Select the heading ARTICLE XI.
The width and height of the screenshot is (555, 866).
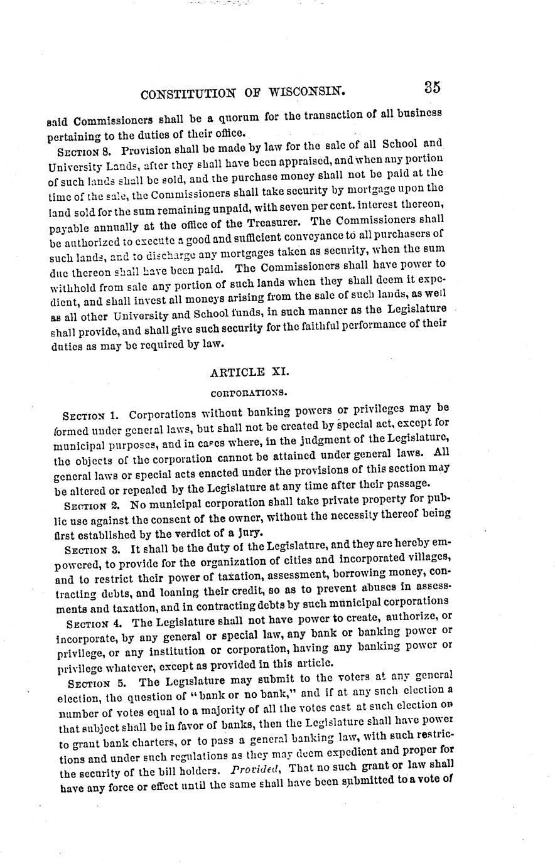pyautogui.click(x=249, y=372)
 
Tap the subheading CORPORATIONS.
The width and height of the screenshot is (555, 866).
pyautogui.click(x=249, y=393)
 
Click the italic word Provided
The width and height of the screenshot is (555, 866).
pyautogui.click(x=251, y=769)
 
